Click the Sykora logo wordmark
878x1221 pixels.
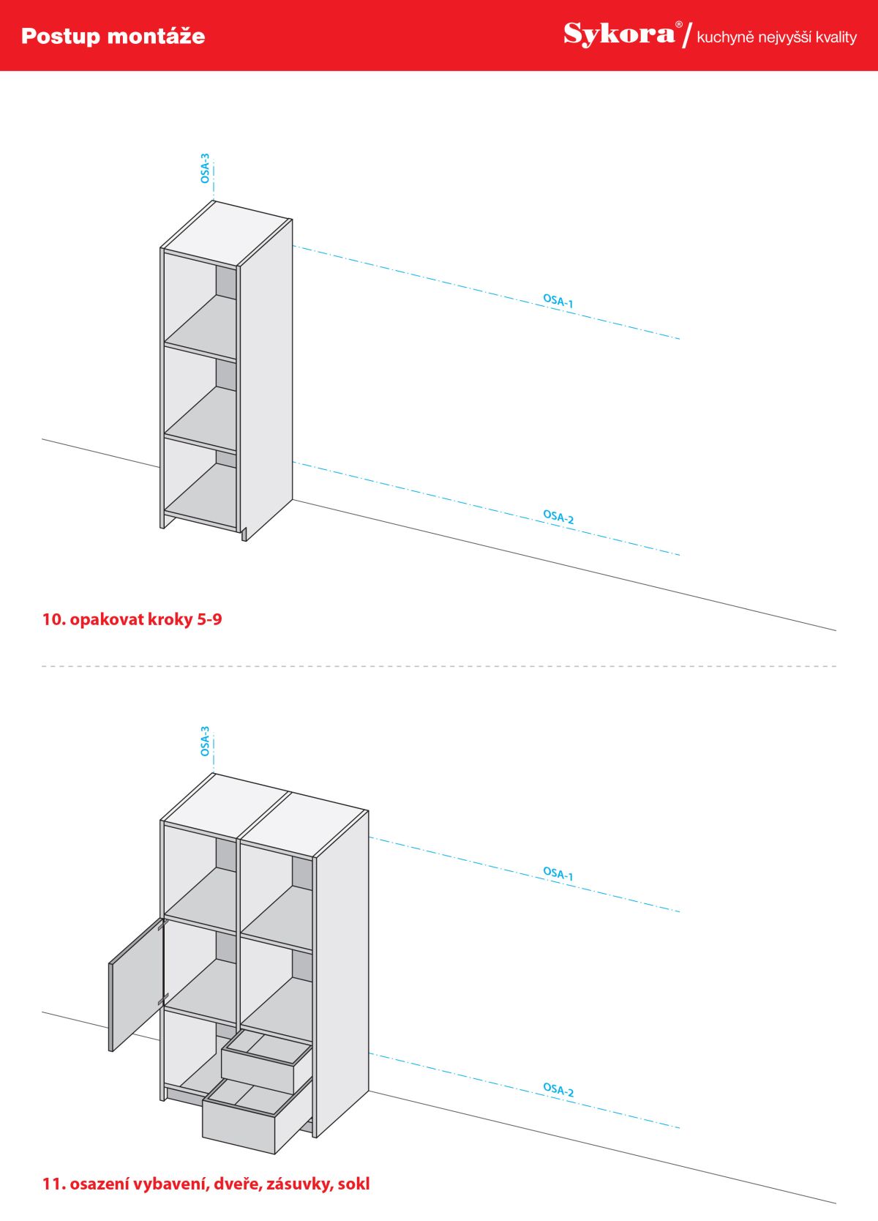pos(618,34)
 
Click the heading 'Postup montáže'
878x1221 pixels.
pos(113,36)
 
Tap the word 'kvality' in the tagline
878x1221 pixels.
pos(836,37)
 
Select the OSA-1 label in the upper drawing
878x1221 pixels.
pos(558,300)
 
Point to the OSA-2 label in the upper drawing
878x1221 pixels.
pos(558,516)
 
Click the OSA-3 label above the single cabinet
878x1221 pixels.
pos(205,168)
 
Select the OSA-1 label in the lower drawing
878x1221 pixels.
pos(558,873)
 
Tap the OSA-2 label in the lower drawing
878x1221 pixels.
pos(558,1089)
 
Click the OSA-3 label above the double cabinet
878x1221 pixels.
pos(205,742)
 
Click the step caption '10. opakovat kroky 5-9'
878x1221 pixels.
pos(132,619)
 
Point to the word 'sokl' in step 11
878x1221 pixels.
pos(354,1184)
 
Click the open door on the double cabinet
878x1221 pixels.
pos(135,985)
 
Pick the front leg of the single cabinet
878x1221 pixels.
pos(244,534)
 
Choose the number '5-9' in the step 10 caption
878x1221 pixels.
pos(209,619)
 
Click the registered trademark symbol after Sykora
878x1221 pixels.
pos(678,24)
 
